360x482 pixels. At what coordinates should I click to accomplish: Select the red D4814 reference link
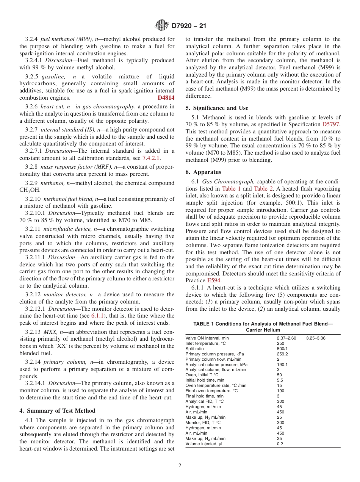pos(166,98)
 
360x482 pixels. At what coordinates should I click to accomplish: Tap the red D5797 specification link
pos(331,124)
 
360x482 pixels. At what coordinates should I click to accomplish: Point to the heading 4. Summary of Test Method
pos(57,411)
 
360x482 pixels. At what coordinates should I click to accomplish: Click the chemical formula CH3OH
pos(30,190)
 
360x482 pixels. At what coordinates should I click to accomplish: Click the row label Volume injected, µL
pos(204,444)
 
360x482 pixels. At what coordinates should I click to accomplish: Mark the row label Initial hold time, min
pos(205,380)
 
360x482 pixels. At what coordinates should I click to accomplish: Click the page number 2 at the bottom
pos(180,466)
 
